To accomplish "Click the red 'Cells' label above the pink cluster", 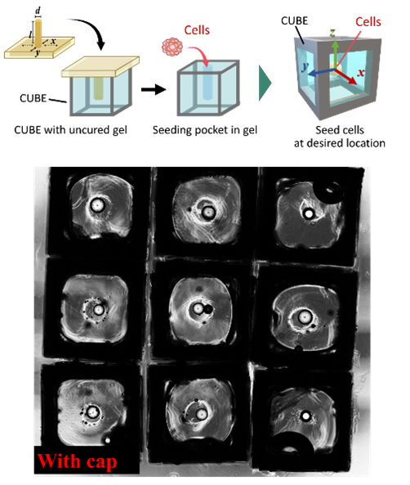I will point(197,30).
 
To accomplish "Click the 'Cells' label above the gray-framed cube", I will point(368,21).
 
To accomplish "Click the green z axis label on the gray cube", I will point(333,33).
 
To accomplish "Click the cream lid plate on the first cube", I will point(98,72).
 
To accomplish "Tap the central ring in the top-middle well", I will point(208,213).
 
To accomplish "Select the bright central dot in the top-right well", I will point(310,213).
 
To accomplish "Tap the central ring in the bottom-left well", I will point(91,413).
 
